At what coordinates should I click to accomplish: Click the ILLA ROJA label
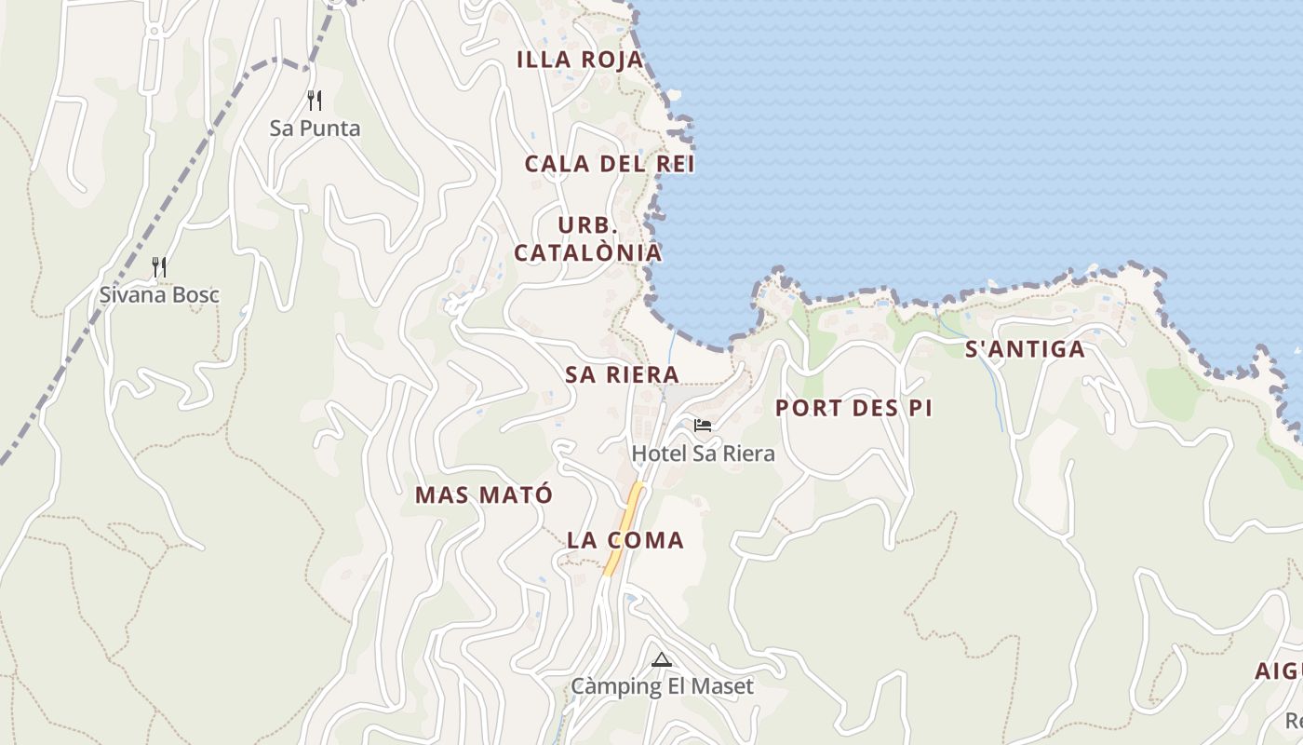[579, 60]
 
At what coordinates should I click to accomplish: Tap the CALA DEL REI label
[610, 164]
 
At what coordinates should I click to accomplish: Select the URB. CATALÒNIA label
[588, 239]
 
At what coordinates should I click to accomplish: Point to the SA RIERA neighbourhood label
[622, 374]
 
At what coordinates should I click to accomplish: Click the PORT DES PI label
[853, 408]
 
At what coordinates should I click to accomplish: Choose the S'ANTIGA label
[1025, 350]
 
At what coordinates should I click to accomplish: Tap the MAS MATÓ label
[484, 494]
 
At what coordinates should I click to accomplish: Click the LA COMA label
[625, 540]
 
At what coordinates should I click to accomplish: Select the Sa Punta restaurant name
[315, 129]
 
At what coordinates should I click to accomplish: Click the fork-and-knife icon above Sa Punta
[315, 101]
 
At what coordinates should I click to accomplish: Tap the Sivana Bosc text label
[159, 295]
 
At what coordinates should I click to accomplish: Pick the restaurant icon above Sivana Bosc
[159, 268]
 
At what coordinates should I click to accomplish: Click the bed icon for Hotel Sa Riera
[703, 426]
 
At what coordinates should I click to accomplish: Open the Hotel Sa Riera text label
[703, 454]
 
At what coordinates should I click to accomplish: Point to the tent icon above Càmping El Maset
[662, 660]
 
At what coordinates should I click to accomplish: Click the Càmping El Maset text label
[662, 687]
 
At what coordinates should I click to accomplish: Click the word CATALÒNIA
[588, 252]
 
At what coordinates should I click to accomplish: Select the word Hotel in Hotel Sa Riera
[657, 454]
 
